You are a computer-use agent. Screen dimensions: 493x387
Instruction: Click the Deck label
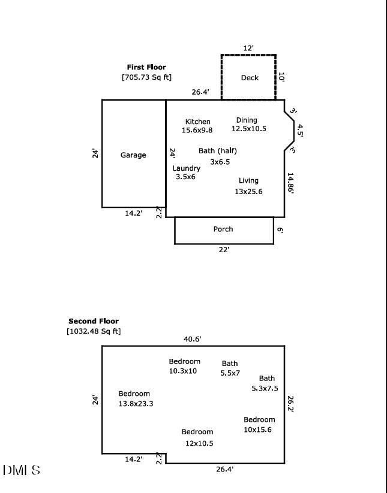pyautogui.click(x=250, y=78)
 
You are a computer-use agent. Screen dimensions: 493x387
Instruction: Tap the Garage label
pyautogui.click(x=133, y=155)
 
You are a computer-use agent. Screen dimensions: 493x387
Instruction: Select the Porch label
pyautogui.click(x=223, y=229)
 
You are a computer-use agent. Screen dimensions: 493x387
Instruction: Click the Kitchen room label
pyautogui.click(x=197, y=122)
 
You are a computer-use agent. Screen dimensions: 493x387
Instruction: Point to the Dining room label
pyautogui.click(x=247, y=120)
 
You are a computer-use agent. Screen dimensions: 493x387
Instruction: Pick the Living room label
pyautogui.click(x=248, y=180)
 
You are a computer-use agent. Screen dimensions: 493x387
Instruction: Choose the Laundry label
pyautogui.click(x=187, y=168)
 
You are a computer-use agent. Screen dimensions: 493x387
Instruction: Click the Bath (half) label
pyautogui.click(x=218, y=151)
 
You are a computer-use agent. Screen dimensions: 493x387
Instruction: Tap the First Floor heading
pyautogui.click(x=146, y=67)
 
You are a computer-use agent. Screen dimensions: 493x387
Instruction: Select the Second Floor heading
pyautogui.click(x=94, y=321)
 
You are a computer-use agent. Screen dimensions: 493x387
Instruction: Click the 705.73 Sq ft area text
pyautogui.click(x=147, y=77)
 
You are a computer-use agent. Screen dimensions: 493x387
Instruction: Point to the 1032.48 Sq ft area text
pyautogui.click(x=94, y=331)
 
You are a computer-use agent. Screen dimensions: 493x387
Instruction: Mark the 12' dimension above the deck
pyautogui.click(x=248, y=47)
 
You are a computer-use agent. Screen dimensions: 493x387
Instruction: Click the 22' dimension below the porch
pyautogui.click(x=224, y=250)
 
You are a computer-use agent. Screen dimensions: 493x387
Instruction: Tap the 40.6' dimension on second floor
pyautogui.click(x=192, y=339)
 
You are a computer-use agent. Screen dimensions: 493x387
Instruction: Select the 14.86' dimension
pyautogui.click(x=290, y=184)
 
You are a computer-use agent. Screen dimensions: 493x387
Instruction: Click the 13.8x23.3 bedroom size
pyautogui.click(x=136, y=404)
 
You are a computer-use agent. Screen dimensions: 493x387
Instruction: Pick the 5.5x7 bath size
pyautogui.click(x=230, y=373)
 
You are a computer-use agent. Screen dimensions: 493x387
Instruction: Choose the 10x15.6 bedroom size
pyautogui.click(x=257, y=430)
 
